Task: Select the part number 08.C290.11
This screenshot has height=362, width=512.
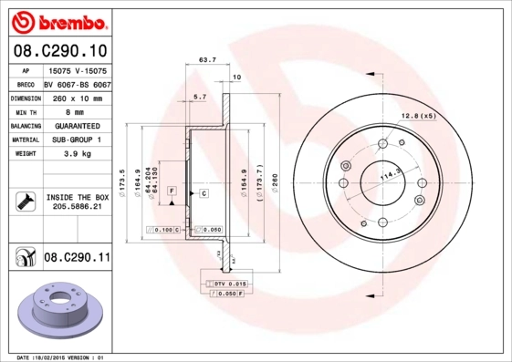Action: pyautogui.click(x=77, y=259)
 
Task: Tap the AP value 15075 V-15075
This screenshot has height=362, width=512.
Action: pyautogui.click(x=77, y=69)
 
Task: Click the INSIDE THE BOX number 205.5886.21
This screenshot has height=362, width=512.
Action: pyautogui.click(x=77, y=208)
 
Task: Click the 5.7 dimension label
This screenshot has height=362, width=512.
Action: pyautogui.click(x=200, y=96)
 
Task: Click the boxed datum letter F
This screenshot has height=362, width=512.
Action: pyautogui.click(x=171, y=190)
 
